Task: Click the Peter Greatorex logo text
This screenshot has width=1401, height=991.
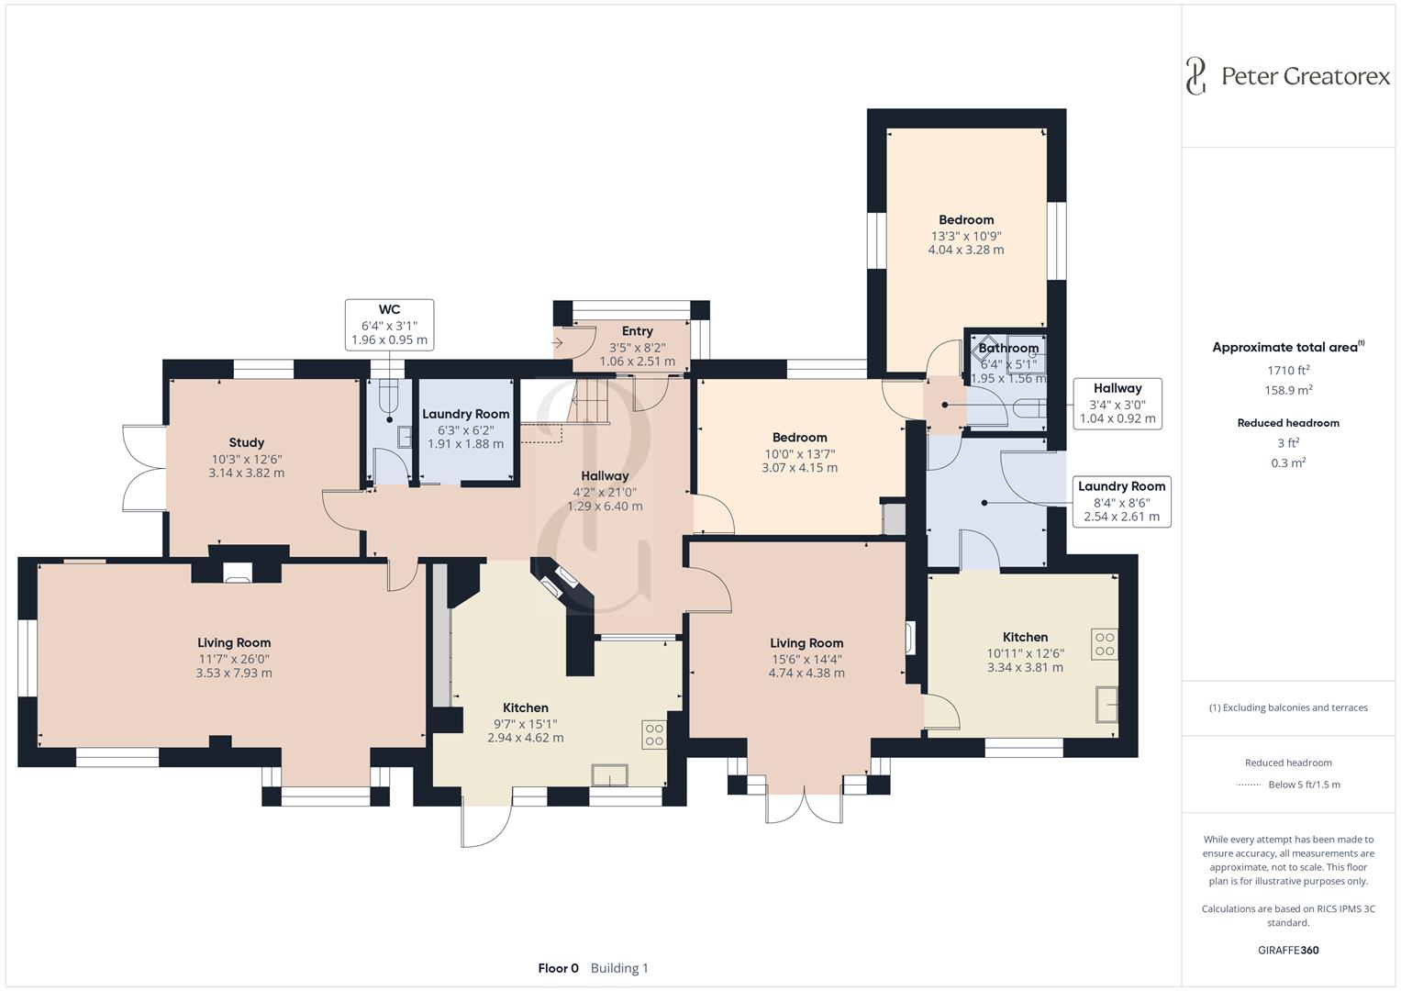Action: coord(1306,76)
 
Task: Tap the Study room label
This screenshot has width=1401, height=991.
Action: coord(247,442)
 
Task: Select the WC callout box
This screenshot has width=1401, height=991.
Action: coord(389,325)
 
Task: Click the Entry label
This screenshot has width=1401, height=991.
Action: coord(638,331)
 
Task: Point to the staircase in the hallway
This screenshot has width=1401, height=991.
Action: coord(588,400)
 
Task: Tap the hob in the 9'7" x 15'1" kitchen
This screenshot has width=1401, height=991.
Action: coord(654,734)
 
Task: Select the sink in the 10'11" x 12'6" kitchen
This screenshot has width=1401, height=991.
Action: coord(1107,704)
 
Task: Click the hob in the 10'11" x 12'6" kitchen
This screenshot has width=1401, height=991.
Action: coord(1105,644)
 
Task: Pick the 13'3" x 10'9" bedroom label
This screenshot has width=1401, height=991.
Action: coord(966,219)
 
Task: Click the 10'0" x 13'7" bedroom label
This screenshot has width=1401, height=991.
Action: coord(799,438)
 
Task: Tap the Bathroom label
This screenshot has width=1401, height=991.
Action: coord(1008,348)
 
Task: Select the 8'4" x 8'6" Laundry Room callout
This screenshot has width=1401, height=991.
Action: coord(1121,501)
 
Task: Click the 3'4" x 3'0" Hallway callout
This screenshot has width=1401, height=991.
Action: coord(1117,404)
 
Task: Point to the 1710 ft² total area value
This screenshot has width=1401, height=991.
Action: coord(1288,370)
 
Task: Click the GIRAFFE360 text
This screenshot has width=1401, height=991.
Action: coord(1288,950)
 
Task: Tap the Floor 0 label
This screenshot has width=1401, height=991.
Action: coord(558,968)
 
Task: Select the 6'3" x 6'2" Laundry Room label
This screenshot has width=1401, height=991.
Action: coord(465,414)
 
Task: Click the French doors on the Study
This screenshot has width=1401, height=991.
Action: coord(144,467)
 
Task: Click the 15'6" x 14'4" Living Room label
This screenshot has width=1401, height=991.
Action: coord(806,643)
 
